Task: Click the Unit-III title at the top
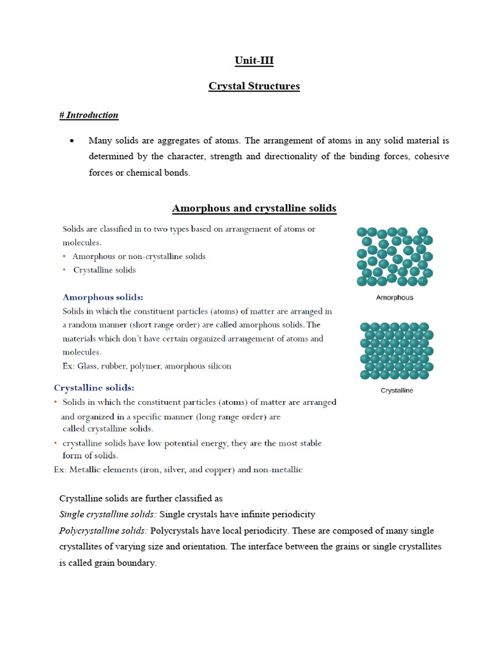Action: [254, 61]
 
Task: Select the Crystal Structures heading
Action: [254, 86]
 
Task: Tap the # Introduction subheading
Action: [89, 115]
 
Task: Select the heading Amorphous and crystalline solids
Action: [254, 208]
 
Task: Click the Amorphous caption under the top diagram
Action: [394, 298]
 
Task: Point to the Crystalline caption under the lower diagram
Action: [396, 390]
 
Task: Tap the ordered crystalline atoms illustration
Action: [396, 351]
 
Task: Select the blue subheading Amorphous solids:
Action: [103, 297]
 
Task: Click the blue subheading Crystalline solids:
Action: [94, 388]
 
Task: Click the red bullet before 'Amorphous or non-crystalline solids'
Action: [65, 256]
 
